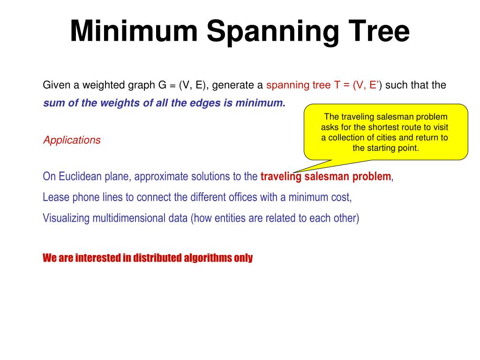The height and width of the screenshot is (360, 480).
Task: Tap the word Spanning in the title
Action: [269, 32]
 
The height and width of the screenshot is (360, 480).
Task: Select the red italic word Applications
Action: [72, 140]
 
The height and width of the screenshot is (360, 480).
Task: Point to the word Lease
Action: [56, 197]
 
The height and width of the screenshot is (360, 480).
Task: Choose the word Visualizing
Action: [66, 218]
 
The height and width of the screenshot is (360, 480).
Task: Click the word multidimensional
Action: [134, 218]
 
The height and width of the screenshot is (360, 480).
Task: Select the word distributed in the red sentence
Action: [157, 258]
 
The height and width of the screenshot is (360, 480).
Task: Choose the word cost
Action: [341, 197]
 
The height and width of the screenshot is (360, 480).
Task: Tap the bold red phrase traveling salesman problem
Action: [325, 177]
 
